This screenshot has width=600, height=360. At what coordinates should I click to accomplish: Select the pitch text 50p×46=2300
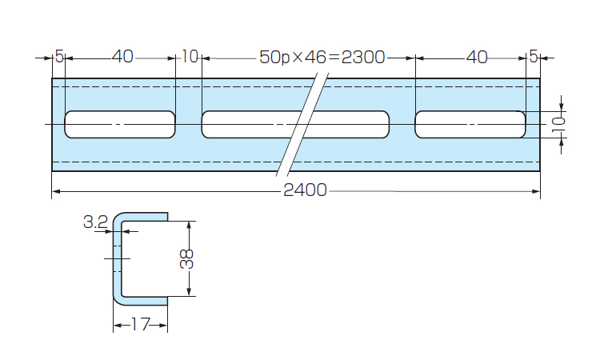[x=322, y=58]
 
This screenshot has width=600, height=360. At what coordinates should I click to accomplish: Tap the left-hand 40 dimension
[x=122, y=58]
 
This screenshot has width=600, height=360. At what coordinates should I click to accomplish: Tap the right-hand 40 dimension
[x=476, y=58]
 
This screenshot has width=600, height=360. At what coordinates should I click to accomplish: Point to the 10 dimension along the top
[x=190, y=58]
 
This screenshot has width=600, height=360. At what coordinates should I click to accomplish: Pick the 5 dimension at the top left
[x=58, y=58]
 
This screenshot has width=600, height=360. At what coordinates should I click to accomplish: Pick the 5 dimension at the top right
[x=534, y=58]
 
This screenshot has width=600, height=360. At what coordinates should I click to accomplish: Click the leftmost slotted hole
[x=120, y=124]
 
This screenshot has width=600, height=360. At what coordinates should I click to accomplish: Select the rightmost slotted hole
[x=470, y=124]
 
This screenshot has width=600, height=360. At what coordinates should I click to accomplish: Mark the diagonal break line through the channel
[x=303, y=124]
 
